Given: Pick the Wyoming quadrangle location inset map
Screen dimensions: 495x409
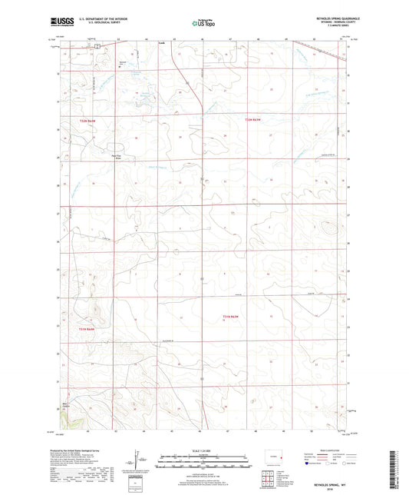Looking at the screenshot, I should [x=272, y=457].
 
